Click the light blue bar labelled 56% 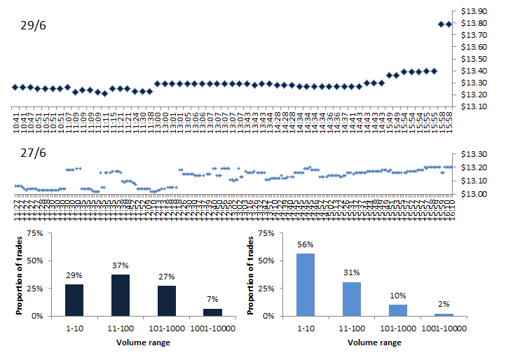pyautogui.click(x=306, y=284)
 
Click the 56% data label pyautogui.click(x=306, y=245)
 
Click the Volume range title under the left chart pyautogui.click(x=143, y=342)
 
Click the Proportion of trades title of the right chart pyautogui.click(x=252, y=275)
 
